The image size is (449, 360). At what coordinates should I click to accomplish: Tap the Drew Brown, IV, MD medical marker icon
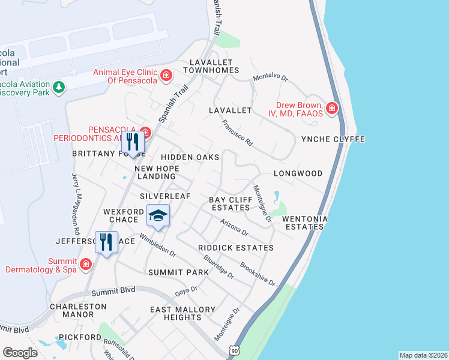pyautogui.click(x=332, y=109)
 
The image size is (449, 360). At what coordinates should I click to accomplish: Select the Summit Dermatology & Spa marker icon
pyautogui.click(x=86, y=263)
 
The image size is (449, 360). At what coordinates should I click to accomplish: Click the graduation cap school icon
pyautogui.click(x=157, y=216)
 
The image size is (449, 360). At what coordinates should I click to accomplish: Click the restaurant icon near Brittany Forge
pyautogui.click(x=133, y=143)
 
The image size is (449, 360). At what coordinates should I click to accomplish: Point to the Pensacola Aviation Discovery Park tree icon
pyautogui.click(x=58, y=88)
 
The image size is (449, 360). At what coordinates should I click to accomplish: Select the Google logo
pyautogui.click(x=20, y=352)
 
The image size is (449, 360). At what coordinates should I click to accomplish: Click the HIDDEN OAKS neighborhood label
pyautogui.click(x=189, y=157)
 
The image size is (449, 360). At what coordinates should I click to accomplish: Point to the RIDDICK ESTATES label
pyautogui.click(x=236, y=248)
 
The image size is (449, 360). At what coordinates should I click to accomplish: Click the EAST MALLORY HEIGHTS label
pyautogui.click(x=182, y=313)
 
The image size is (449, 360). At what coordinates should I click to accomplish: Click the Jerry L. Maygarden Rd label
pyautogui.click(x=76, y=203)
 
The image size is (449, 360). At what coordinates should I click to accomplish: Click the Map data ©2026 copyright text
pyautogui.click(x=423, y=355)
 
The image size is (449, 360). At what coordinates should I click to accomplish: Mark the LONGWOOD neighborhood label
pyautogui.click(x=298, y=173)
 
